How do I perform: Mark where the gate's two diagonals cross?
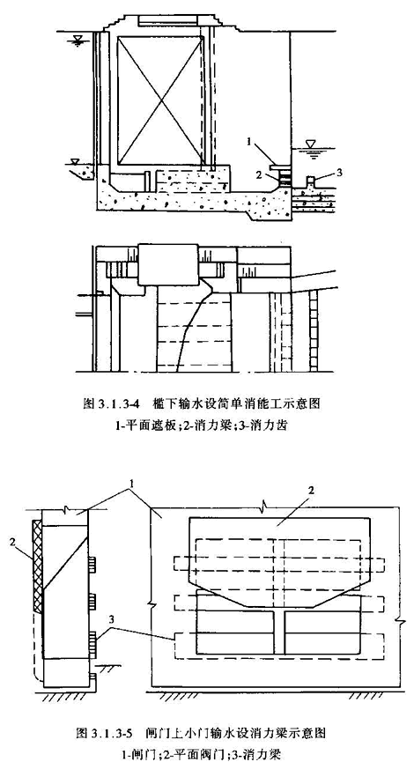coord(159,100)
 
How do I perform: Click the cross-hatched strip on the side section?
coord(37,566)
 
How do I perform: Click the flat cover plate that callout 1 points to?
coord(281,166)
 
